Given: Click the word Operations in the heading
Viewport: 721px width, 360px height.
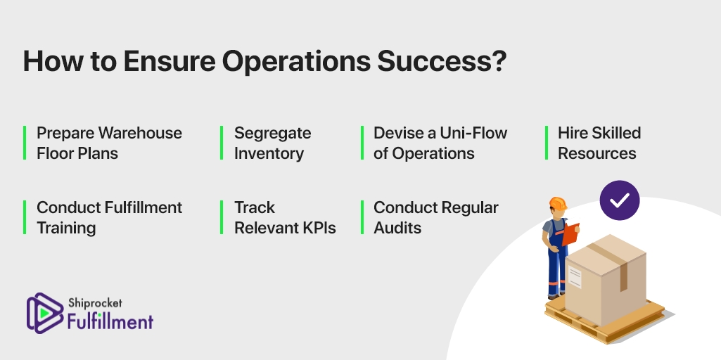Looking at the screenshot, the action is coord(296,62).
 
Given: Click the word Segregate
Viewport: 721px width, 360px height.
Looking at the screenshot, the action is coord(273,134).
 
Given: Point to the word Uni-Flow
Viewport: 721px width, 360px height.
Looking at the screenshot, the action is coord(473,133).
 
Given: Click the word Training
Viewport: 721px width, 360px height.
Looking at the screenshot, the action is coord(66,229).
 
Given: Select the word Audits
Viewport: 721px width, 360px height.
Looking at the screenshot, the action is coord(397,228).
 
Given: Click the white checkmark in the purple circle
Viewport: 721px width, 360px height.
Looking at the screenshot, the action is coord(620,200).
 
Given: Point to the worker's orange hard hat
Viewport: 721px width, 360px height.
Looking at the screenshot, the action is coord(558,203).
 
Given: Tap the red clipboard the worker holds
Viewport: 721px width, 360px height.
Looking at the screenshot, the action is coord(570,233).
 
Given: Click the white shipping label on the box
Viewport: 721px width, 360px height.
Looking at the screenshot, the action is coord(575,277).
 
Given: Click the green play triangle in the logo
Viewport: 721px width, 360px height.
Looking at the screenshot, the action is coord(44,313).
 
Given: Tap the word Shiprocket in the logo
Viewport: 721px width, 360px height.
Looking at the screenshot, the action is coord(95,303).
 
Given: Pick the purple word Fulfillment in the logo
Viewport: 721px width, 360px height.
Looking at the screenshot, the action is coord(110,321).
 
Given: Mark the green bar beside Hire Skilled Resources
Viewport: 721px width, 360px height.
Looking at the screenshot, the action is coord(547,143).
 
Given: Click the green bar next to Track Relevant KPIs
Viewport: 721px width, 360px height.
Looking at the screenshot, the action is coord(222,217).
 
